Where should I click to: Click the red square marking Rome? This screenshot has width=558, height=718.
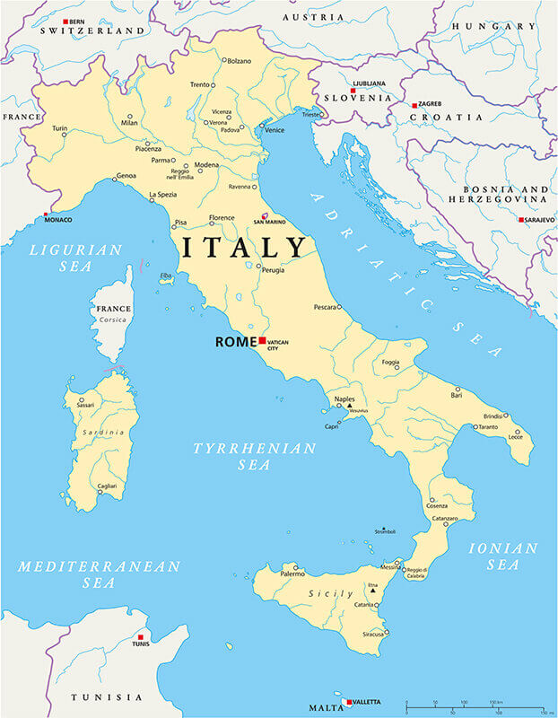pos(262,341)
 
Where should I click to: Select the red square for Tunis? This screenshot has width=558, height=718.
pos(140,637)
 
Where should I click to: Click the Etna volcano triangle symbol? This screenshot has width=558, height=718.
pos(372,591)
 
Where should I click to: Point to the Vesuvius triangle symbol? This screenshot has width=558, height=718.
pos(350,406)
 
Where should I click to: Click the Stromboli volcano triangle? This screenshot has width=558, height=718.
pos(383,530)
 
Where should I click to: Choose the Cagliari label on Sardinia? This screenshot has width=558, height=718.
pos(107,485)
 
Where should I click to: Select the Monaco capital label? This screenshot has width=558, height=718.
pos(58,220)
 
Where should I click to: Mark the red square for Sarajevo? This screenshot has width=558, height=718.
pos(520,219)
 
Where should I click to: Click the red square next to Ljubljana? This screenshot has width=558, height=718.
pos(353,91)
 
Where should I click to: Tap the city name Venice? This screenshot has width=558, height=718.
pos(275,130)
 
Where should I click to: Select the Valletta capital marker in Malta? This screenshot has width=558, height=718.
pos(348,702)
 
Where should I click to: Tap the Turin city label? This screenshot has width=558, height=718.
pos(59,128)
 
